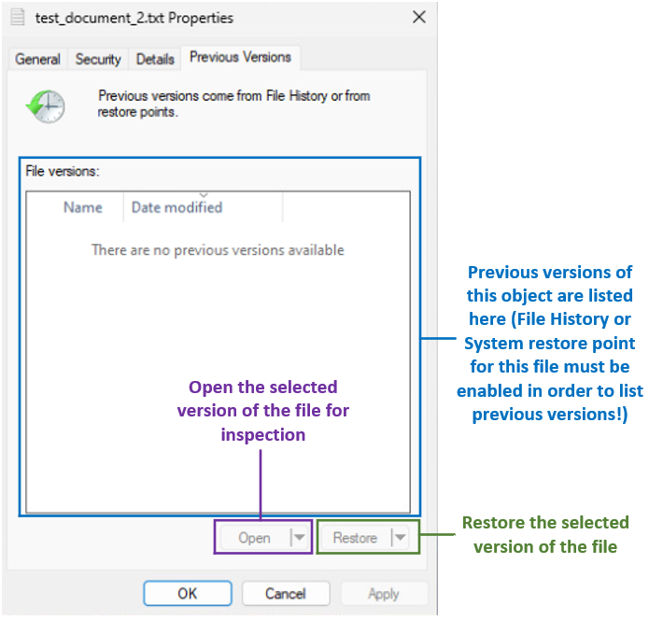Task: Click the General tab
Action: [x=38, y=59]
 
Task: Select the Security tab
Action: [x=98, y=59]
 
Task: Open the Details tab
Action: [x=155, y=59]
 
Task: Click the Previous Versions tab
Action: [x=240, y=57]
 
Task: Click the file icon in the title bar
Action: [x=17, y=17]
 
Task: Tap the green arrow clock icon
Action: [x=45, y=106]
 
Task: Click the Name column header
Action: [x=82, y=207]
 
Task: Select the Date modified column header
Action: [x=176, y=207]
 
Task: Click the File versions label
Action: [x=62, y=172]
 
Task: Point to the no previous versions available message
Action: [x=218, y=250]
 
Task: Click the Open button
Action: [x=254, y=538]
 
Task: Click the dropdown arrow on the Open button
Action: [x=298, y=538]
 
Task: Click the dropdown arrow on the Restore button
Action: [x=399, y=538]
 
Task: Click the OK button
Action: [x=187, y=594]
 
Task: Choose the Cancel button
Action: [x=285, y=594]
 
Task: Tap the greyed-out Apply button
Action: [x=383, y=594]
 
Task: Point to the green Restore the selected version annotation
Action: [x=545, y=534]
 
